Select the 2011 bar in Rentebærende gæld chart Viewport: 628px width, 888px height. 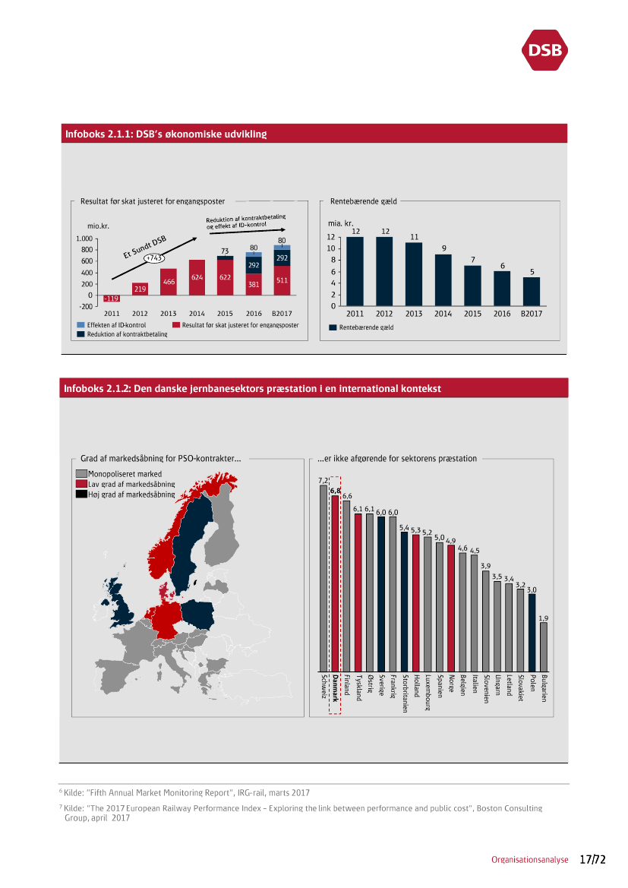tap(355, 271)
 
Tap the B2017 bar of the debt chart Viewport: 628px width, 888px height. tap(532, 292)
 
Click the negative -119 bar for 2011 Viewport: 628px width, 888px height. tap(112, 299)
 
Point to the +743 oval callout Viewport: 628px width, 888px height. tap(154, 258)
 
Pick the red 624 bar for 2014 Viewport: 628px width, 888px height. tap(197, 277)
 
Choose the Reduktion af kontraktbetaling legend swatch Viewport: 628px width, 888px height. tap(80, 333)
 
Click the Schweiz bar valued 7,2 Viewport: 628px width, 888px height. tap(323, 578)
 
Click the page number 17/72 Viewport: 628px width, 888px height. tap(592, 860)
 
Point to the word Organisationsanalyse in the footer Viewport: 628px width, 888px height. tap(529, 861)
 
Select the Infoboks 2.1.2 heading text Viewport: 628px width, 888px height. tap(252, 388)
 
